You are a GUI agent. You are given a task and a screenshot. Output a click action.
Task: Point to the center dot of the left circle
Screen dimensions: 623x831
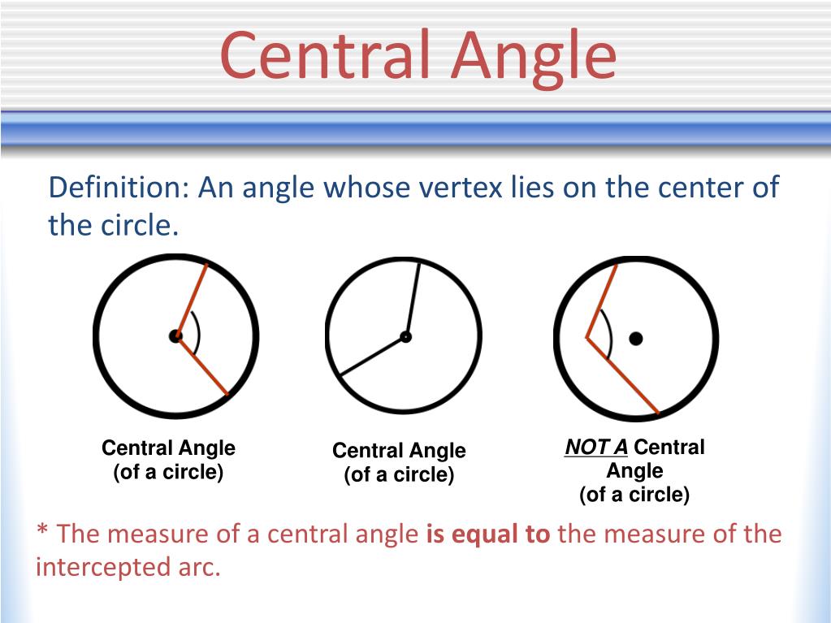tap(175, 335)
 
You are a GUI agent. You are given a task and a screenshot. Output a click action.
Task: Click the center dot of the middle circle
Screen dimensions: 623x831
tap(405, 336)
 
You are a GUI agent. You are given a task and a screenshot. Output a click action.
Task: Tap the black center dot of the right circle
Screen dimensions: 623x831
tap(635, 338)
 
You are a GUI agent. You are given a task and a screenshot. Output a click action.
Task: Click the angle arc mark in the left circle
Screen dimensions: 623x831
tap(197, 335)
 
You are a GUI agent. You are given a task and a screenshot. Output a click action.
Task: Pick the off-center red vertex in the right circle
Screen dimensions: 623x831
tap(587, 336)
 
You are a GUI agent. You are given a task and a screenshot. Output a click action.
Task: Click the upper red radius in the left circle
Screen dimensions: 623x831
tap(192, 299)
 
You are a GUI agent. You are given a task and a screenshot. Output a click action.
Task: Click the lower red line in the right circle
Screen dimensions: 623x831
tap(622, 374)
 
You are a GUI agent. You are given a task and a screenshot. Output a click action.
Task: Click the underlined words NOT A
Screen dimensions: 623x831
tap(597, 448)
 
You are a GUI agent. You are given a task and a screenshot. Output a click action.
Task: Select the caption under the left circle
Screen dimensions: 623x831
tap(168, 460)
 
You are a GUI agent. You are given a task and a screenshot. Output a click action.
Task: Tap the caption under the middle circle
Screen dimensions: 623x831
tap(399, 462)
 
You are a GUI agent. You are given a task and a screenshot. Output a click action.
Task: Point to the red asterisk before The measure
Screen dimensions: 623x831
tap(43, 533)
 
